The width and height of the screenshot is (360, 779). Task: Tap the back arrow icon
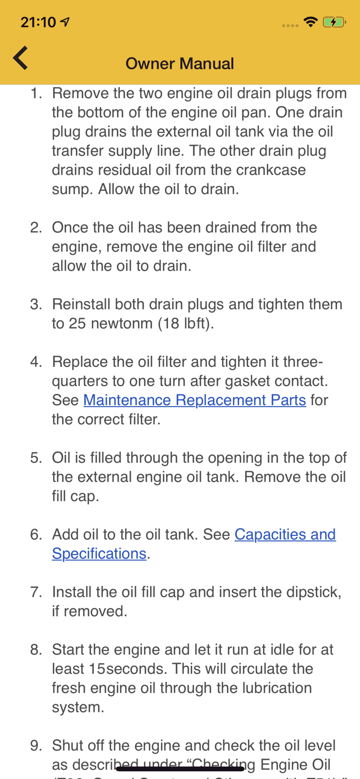pos(20,58)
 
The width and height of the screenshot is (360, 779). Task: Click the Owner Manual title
pos(180,64)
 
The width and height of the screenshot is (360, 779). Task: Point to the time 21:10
pos(38,22)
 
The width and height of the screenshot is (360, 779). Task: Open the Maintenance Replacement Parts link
pos(194,400)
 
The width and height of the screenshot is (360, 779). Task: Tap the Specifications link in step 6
pos(99,554)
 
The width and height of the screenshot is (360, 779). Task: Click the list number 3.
pos(36,304)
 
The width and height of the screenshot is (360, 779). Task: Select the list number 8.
pos(36,650)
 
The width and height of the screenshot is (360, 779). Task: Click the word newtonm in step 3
pos(121,324)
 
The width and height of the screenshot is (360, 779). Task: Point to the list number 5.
pos(36,458)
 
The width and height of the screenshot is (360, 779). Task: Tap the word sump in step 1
pos(71,189)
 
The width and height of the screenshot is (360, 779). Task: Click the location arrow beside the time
pos(65,22)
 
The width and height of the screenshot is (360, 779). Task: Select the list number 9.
pos(36,746)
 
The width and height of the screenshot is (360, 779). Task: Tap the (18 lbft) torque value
pos(185,324)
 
